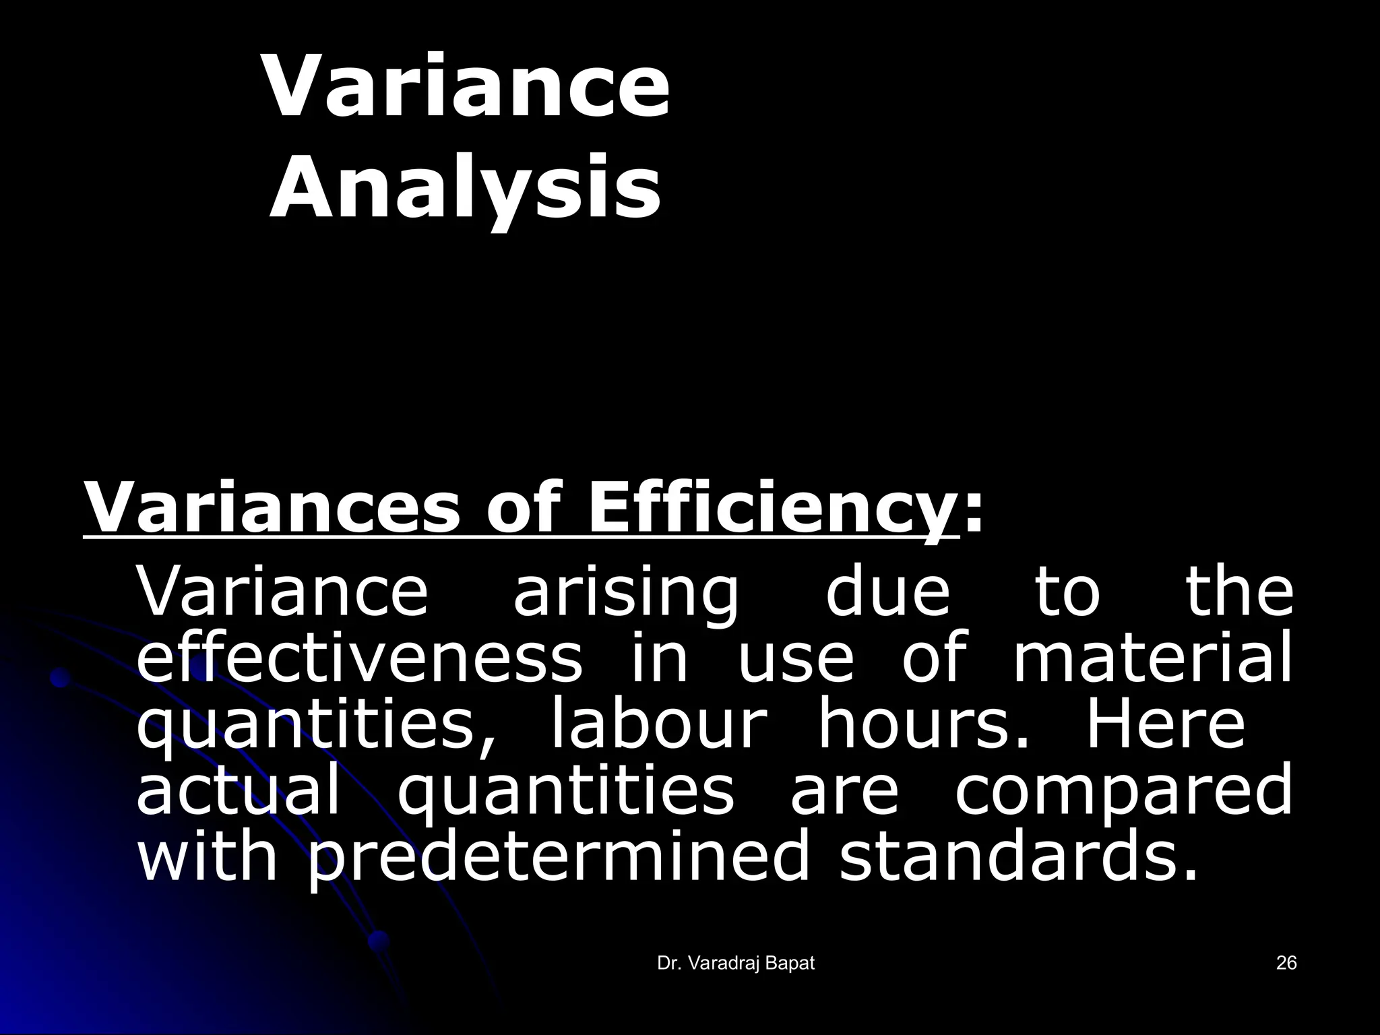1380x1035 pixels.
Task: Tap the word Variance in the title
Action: coord(467,88)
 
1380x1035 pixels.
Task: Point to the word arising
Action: coord(626,593)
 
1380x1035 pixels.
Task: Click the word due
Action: coord(887,593)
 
